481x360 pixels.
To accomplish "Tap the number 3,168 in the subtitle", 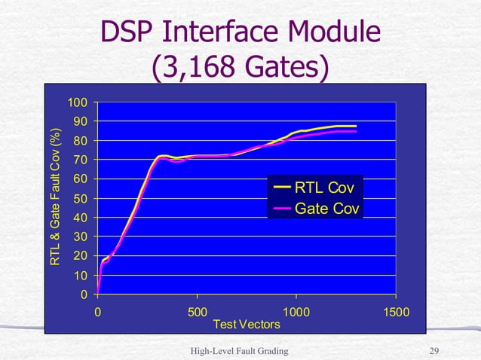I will point(192,70).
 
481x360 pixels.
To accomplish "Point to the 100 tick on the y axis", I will point(78,102).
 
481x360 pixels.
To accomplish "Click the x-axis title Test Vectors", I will point(247,325).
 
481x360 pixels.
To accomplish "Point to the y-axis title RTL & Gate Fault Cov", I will point(55,199).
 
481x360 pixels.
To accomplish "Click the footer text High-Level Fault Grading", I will point(240,351).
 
